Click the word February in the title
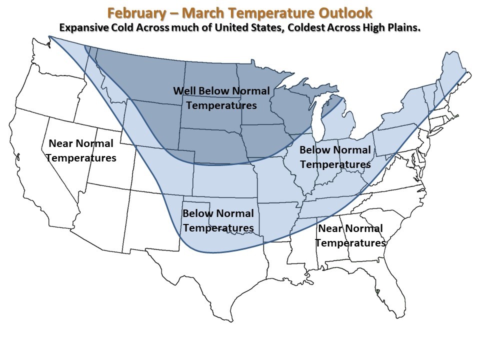tap(136, 13)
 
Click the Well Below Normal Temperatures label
tap(221, 98)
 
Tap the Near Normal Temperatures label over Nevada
tap(81, 150)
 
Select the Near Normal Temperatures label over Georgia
tap(351, 235)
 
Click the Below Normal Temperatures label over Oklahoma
tap(218, 220)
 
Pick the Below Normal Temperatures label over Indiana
tap(335, 157)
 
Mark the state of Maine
tap(452, 70)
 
